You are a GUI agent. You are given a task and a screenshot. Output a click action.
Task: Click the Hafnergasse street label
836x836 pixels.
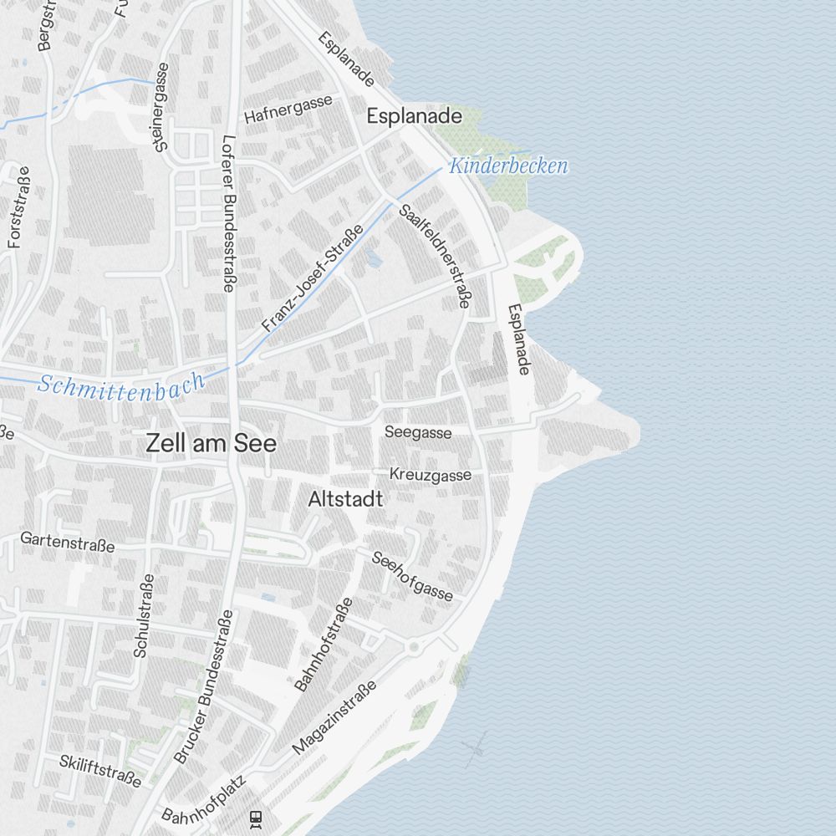(x=288, y=109)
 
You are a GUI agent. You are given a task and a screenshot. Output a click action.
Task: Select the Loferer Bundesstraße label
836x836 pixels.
(x=227, y=213)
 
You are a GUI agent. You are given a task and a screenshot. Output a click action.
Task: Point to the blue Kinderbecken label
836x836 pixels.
(x=508, y=166)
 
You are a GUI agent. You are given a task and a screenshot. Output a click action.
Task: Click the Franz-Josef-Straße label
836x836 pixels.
(x=312, y=278)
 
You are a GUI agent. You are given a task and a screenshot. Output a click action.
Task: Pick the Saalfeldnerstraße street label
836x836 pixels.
(x=434, y=257)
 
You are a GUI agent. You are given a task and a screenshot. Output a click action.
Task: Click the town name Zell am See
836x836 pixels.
(x=211, y=443)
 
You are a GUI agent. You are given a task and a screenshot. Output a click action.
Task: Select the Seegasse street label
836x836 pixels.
(x=418, y=432)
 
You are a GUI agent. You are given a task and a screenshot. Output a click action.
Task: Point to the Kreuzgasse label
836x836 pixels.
(x=430, y=475)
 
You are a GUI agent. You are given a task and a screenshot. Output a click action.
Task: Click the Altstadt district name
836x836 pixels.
(x=345, y=499)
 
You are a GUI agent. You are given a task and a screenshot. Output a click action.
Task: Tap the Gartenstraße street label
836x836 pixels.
(x=68, y=541)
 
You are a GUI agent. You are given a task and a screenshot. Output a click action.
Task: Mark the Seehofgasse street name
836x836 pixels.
(x=412, y=576)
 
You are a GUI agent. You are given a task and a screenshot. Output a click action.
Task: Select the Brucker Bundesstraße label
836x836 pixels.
(x=203, y=686)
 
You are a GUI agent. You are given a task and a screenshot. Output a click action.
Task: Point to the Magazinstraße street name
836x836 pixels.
(x=334, y=717)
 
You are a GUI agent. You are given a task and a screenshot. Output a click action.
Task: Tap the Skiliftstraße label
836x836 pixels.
(x=100, y=771)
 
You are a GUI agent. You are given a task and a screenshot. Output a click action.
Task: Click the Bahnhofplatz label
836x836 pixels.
(x=205, y=801)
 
